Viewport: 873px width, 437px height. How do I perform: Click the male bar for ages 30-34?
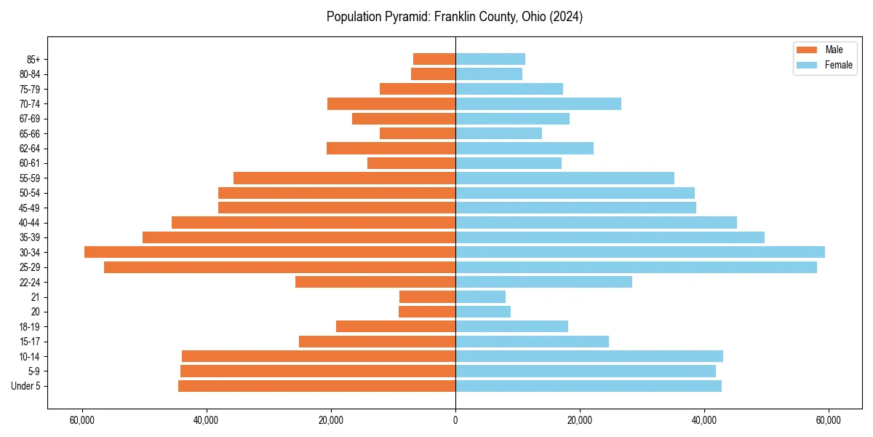[270, 252]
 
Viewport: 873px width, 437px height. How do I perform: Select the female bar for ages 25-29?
[636, 267]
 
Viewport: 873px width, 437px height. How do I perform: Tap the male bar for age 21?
[427, 297]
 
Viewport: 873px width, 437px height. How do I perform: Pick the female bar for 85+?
[490, 59]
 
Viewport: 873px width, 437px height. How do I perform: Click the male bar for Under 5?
[316, 386]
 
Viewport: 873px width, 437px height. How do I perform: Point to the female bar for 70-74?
[538, 103]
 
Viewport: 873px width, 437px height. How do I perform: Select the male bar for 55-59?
[344, 178]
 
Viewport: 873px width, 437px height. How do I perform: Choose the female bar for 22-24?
[543, 282]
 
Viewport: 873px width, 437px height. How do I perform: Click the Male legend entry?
[834, 50]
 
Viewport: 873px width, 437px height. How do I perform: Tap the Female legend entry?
[838, 65]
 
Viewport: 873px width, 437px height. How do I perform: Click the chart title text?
[455, 16]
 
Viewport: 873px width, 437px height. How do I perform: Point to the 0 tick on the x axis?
[455, 420]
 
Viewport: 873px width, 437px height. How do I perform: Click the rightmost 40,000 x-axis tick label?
[703, 420]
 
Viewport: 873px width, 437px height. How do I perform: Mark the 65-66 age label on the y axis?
[30, 133]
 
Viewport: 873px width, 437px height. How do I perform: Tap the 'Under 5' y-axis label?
[25, 386]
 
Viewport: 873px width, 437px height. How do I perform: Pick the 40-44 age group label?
[30, 223]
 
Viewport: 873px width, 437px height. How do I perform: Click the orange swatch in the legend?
[807, 50]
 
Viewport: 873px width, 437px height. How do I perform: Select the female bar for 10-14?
[589, 356]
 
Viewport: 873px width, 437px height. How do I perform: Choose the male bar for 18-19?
[396, 326]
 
